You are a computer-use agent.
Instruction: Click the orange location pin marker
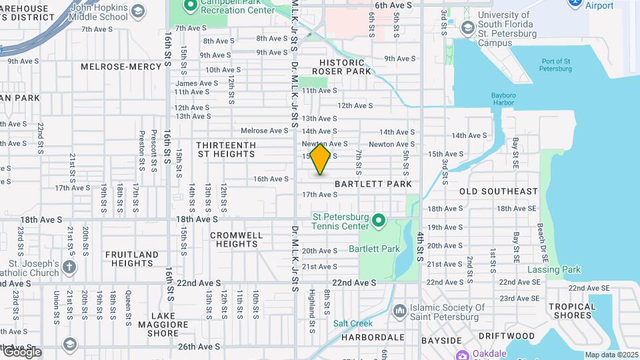[321, 159]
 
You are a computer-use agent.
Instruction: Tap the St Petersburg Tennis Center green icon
[379, 220]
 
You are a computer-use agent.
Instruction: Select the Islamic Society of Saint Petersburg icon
[400, 310]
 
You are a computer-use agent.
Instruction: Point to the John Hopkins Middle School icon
[138, 11]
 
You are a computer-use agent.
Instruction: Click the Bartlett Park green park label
[374, 249]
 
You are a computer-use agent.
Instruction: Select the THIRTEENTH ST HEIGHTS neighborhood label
[226, 149]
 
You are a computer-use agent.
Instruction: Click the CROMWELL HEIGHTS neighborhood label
[233, 239]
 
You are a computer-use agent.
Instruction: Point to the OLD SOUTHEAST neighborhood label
[498, 191]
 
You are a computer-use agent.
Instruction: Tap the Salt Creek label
[353, 323]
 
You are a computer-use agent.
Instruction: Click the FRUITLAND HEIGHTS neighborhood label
[131, 259]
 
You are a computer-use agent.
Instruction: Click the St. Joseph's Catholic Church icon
[69, 267]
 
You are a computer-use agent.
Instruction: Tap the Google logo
[21, 352]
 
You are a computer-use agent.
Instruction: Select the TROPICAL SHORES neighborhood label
[572, 311]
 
